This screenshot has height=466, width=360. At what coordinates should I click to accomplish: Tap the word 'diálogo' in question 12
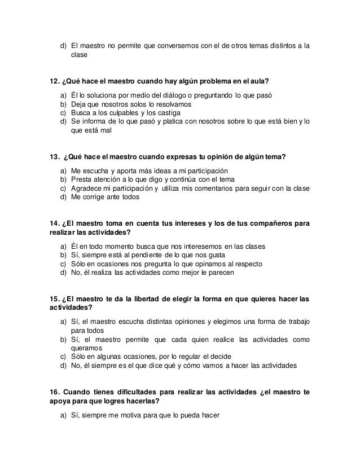pyautogui.click(x=161, y=95)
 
